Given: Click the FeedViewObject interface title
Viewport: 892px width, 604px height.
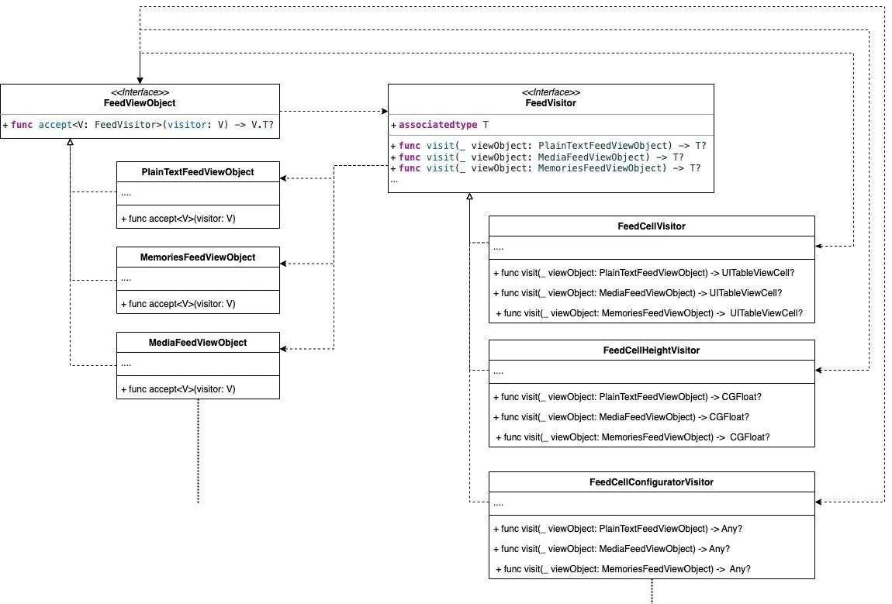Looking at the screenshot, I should tap(140, 102).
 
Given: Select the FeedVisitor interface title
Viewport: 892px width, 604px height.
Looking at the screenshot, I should tap(551, 102).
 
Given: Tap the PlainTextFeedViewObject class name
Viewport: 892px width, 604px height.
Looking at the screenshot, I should tap(198, 172).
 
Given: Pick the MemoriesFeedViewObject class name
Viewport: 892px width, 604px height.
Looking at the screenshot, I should tap(198, 257).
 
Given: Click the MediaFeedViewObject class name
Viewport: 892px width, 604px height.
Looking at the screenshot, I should tap(198, 343).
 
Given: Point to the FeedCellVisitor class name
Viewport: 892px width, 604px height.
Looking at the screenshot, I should tap(652, 226).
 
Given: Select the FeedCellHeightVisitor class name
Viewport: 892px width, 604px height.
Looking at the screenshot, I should tap(652, 350).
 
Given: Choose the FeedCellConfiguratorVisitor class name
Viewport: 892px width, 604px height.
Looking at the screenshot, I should tap(652, 482).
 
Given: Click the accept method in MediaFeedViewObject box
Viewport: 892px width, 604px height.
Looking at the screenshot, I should tap(178, 389).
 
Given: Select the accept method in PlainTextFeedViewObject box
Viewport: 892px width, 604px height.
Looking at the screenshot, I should tap(178, 219).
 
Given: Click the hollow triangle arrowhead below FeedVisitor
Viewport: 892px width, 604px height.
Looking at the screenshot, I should tap(469, 197).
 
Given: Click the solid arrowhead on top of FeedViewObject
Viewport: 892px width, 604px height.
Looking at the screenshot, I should tap(140, 80).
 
